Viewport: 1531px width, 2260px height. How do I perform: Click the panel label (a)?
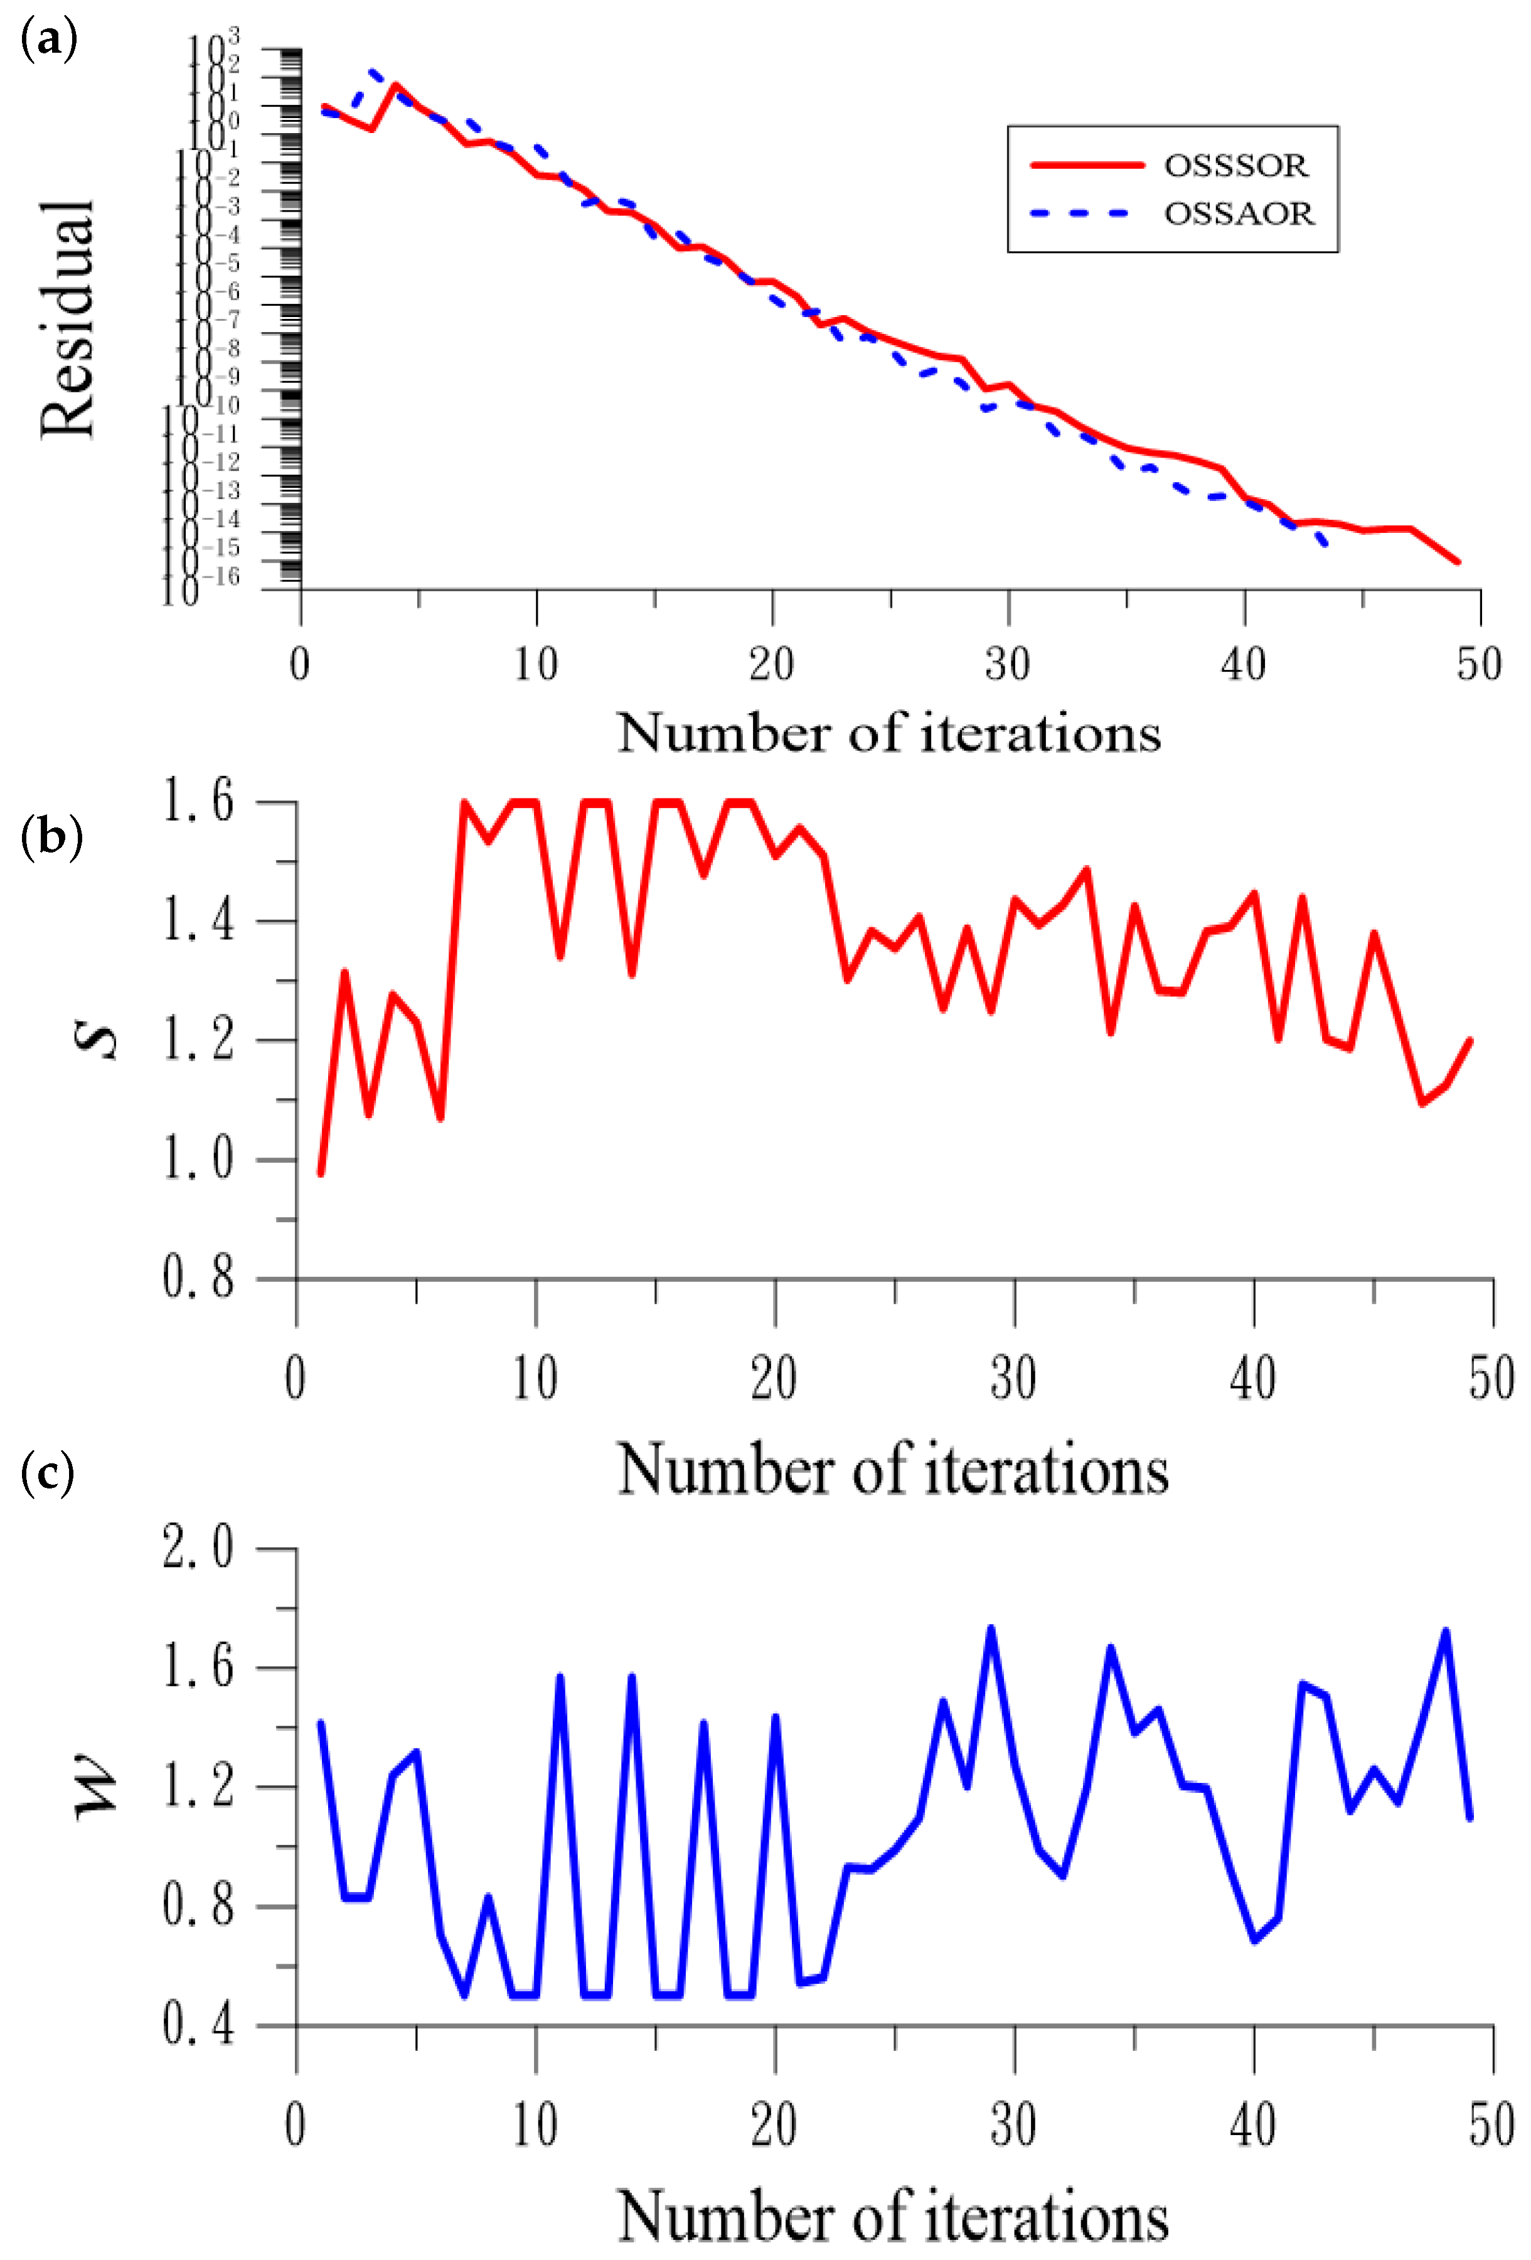(x=48, y=41)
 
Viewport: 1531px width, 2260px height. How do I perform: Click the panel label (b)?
(x=51, y=837)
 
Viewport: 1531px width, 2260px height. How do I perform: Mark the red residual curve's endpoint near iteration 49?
(x=1457, y=561)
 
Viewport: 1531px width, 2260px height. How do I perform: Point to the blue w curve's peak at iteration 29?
(x=991, y=1627)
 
